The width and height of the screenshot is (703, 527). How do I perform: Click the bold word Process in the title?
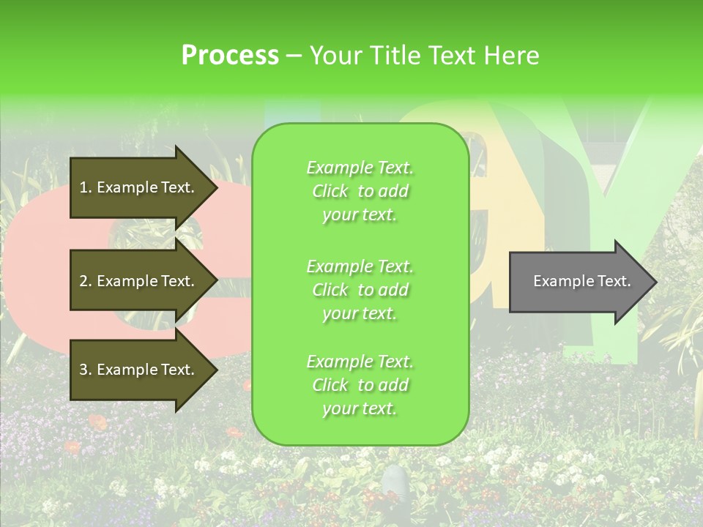pos(230,56)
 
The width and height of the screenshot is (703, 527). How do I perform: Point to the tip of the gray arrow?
pos(655,282)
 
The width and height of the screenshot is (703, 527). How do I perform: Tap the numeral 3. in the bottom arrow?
pos(86,370)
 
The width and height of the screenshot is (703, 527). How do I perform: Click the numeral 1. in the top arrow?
pos(85,187)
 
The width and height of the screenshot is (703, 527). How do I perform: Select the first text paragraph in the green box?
pos(360,191)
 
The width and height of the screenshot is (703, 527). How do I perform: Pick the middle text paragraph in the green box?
pos(360,290)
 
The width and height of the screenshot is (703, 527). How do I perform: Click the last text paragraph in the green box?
pos(360,385)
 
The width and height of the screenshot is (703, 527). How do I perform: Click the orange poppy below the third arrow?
pos(97,422)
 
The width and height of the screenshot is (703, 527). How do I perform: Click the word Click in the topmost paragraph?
pos(330,191)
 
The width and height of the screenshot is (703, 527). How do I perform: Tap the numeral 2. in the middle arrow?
pos(86,281)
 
